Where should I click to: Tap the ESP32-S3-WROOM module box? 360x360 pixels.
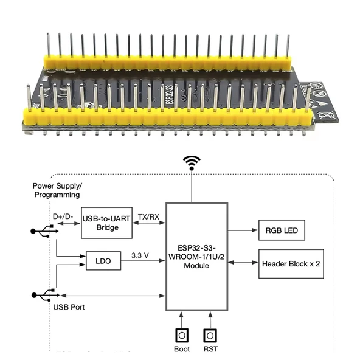pos(196,257)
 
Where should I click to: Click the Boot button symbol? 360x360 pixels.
pos(181,335)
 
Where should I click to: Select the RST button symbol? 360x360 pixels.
pos(210,335)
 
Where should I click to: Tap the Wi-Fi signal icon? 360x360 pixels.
pos(193,163)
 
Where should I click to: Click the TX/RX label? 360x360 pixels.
pos(149,216)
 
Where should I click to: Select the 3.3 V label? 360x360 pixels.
pos(141,255)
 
